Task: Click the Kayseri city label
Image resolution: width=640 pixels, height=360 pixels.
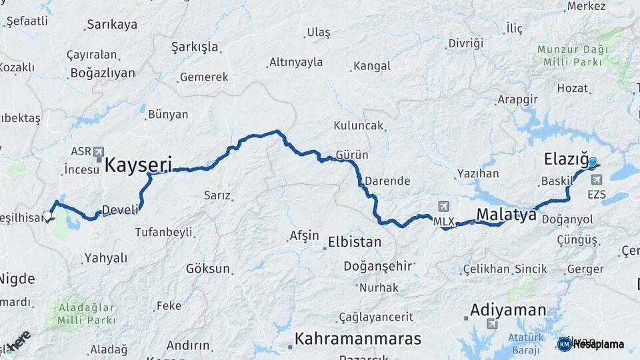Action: (138, 164)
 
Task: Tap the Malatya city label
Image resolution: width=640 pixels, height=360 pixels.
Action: (506, 215)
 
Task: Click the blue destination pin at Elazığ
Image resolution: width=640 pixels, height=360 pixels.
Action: (592, 162)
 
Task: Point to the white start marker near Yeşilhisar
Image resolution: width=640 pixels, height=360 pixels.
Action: (47, 215)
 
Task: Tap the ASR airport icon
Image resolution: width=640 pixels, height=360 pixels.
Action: (99, 151)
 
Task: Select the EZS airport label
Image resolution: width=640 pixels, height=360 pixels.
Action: (597, 195)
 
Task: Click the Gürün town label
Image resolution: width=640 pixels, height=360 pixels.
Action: (352, 155)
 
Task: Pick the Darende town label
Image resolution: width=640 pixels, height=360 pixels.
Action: (387, 181)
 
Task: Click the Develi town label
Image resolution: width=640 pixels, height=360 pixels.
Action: (121, 209)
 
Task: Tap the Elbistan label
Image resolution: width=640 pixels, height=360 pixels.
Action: (355, 241)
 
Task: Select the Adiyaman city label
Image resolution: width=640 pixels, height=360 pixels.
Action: (508, 310)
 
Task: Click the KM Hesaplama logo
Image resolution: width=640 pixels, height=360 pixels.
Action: (591, 344)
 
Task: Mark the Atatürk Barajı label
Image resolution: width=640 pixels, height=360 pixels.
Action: (526, 343)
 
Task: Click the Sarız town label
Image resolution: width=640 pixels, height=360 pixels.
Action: (217, 195)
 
